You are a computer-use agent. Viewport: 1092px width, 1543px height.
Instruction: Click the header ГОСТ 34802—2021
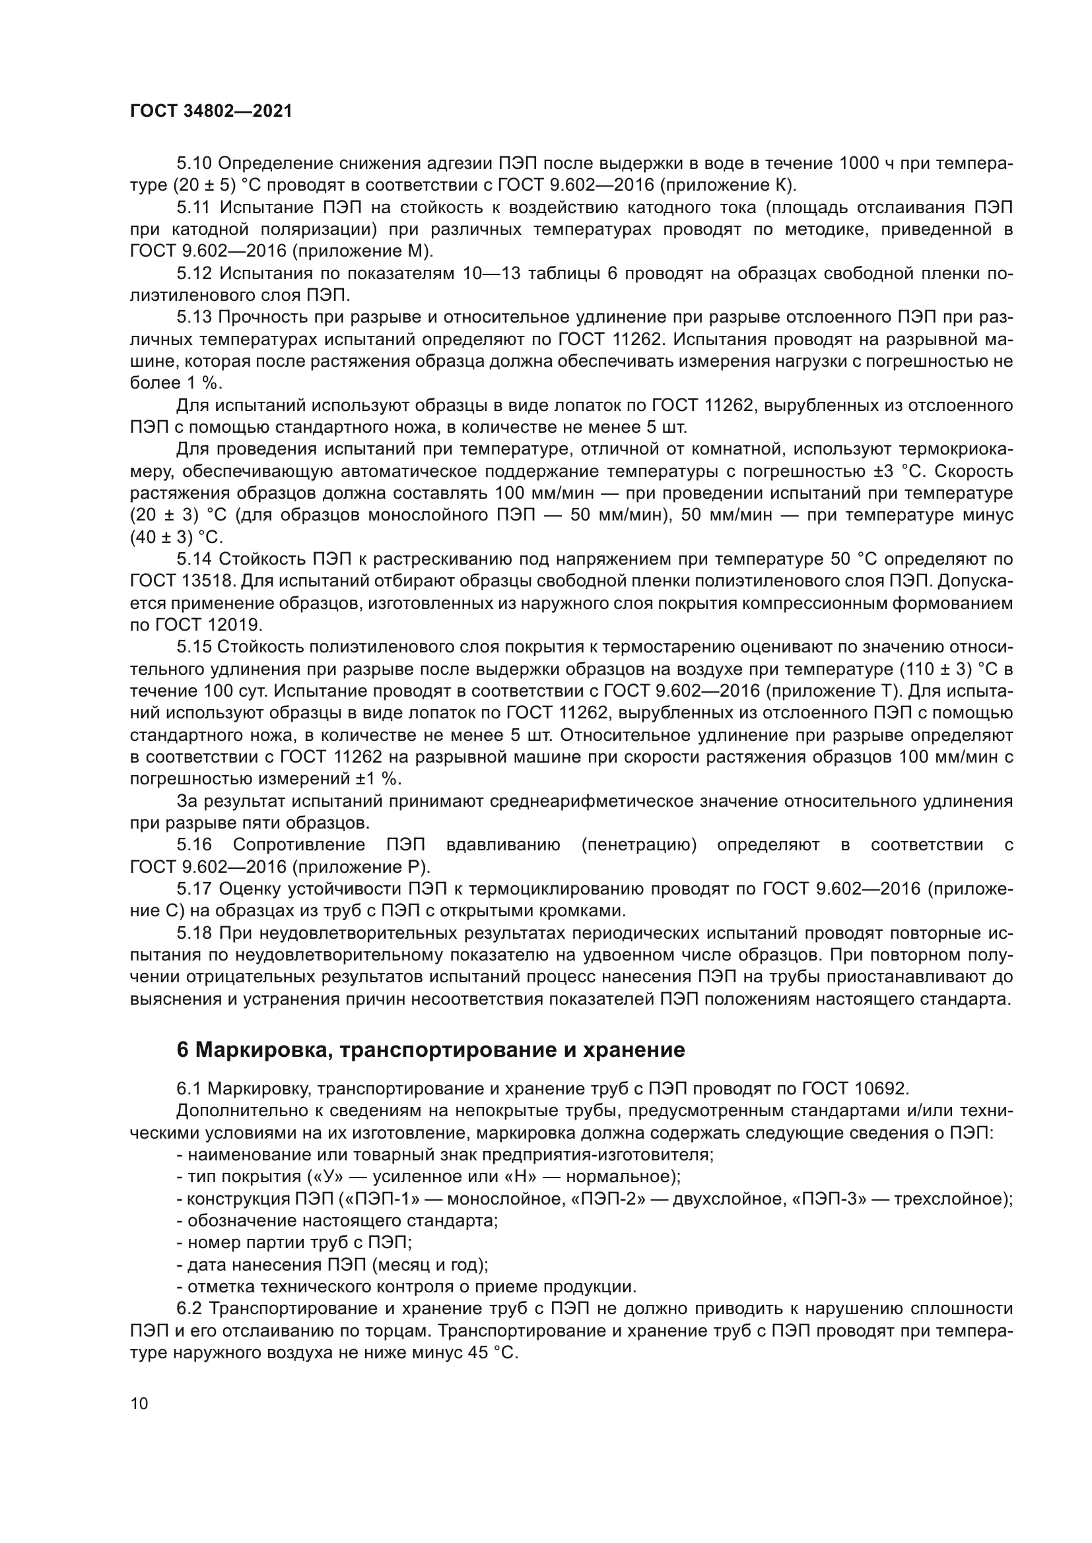(211, 111)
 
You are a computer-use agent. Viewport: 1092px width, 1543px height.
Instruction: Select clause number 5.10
(194, 164)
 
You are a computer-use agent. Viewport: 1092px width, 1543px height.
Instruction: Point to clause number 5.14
(194, 559)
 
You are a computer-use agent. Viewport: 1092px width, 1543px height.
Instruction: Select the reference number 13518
(209, 581)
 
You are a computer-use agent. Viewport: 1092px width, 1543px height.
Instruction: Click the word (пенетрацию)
(639, 846)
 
